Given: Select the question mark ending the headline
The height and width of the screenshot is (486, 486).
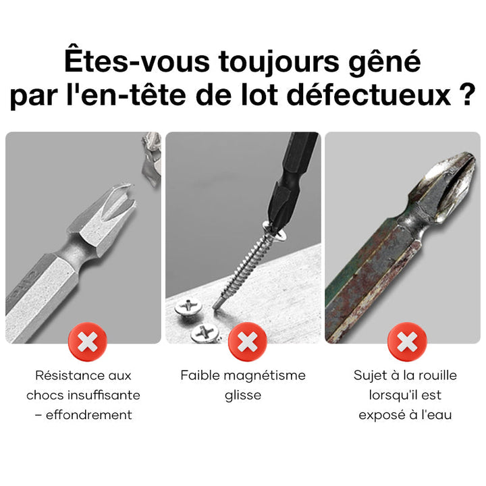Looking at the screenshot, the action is click(467, 95).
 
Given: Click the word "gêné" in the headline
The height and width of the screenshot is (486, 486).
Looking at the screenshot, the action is click(385, 61).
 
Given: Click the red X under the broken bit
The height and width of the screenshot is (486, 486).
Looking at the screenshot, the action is click(88, 342).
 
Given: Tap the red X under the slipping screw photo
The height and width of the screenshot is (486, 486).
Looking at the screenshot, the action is click(247, 342).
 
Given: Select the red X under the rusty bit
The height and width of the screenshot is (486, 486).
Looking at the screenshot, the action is click(407, 342).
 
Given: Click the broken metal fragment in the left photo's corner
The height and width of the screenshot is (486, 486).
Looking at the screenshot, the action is click(152, 159).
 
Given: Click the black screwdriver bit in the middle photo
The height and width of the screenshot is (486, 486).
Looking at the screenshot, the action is click(292, 180).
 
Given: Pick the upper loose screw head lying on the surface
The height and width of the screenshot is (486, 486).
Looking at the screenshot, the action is click(188, 307).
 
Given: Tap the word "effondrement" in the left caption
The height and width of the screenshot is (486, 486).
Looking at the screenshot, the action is click(89, 414).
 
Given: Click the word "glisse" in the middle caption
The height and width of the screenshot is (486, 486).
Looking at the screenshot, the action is click(243, 396).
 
